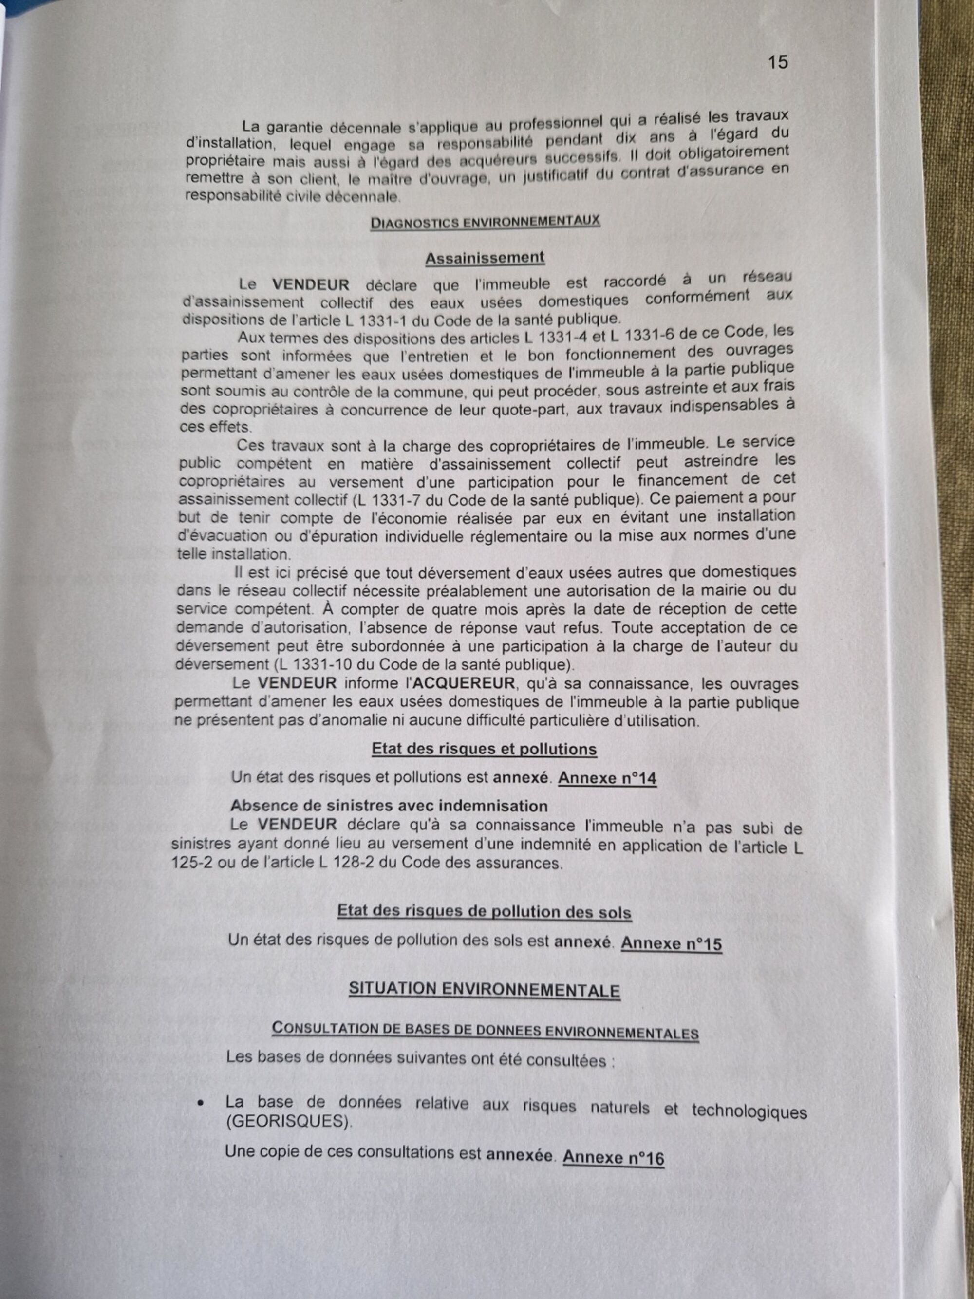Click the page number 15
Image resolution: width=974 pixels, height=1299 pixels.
[x=777, y=62]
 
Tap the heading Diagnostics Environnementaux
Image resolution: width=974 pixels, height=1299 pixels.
[x=485, y=222]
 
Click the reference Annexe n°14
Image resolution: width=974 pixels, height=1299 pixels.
[x=607, y=778]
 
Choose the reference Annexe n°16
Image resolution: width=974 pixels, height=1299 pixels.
[x=613, y=1158]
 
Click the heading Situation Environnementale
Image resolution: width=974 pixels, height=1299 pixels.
[x=485, y=990]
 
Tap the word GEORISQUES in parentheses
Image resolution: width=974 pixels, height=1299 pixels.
[x=288, y=1122]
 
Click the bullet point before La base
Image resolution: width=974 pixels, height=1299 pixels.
[x=201, y=1104]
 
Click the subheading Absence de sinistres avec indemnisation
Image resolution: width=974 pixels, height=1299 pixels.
[x=389, y=806]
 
